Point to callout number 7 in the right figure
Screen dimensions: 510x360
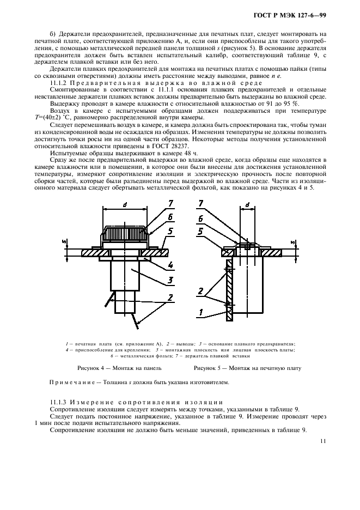tap(201, 204)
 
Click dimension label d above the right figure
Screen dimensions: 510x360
tap(247, 205)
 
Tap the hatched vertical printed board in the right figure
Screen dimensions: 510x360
tap(231, 289)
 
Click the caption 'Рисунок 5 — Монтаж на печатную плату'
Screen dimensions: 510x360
tap(247, 368)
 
